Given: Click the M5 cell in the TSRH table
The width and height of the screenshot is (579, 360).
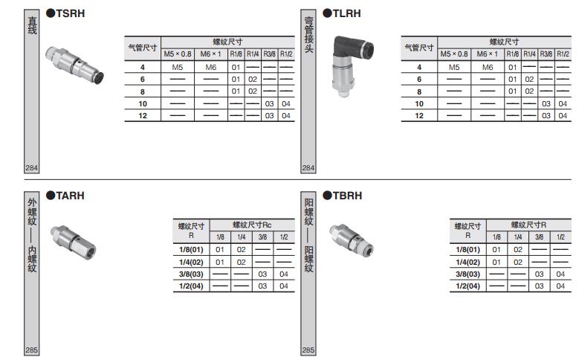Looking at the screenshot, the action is (x=177, y=67).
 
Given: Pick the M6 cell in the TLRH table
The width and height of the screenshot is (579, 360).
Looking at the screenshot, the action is (x=488, y=67).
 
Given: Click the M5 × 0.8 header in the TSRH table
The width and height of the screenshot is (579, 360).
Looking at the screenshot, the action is (x=178, y=54).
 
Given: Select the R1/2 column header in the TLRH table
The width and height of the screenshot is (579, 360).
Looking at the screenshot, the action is (x=563, y=54).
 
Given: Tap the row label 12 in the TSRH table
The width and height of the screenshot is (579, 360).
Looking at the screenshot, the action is (x=143, y=116).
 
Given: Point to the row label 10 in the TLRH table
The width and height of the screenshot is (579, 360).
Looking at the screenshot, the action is (x=419, y=104).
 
